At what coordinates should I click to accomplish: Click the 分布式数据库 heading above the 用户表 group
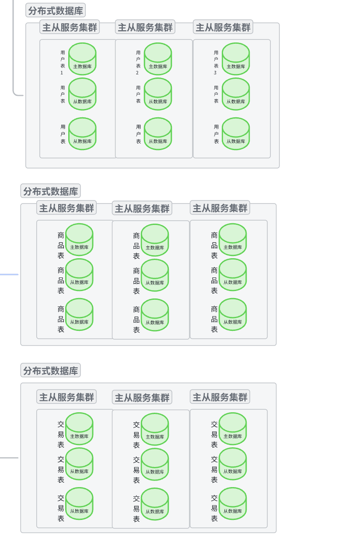(x=56, y=11)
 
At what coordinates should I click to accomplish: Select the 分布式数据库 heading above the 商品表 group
(x=50, y=191)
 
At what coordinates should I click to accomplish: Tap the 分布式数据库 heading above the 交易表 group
(x=50, y=371)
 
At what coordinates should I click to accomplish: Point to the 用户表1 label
(x=63, y=62)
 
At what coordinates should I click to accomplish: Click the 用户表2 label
(x=138, y=62)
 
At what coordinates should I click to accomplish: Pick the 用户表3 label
(x=216, y=62)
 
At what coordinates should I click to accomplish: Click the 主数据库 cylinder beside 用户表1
(x=82, y=59)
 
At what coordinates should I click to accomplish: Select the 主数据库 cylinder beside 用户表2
(x=157, y=59)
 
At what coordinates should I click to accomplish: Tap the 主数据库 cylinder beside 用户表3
(x=235, y=59)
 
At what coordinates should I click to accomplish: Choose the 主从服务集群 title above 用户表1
(x=70, y=27)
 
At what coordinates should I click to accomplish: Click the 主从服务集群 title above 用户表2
(x=145, y=27)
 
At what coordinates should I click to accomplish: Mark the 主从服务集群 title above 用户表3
(x=223, y=27)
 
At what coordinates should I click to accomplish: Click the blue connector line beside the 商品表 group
(x=9, y=274)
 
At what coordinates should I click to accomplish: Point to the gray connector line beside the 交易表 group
(x=9, y=458)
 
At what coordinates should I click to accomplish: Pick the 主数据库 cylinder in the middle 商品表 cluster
(x=154, y=240)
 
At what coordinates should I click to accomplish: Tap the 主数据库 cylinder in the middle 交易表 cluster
(x=154, y=429)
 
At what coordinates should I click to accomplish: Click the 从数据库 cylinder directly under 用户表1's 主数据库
(x=82, y=94)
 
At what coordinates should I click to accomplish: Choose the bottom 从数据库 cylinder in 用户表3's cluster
(x=235, y=133)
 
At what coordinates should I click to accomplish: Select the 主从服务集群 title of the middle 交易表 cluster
(x=142, y=397)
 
